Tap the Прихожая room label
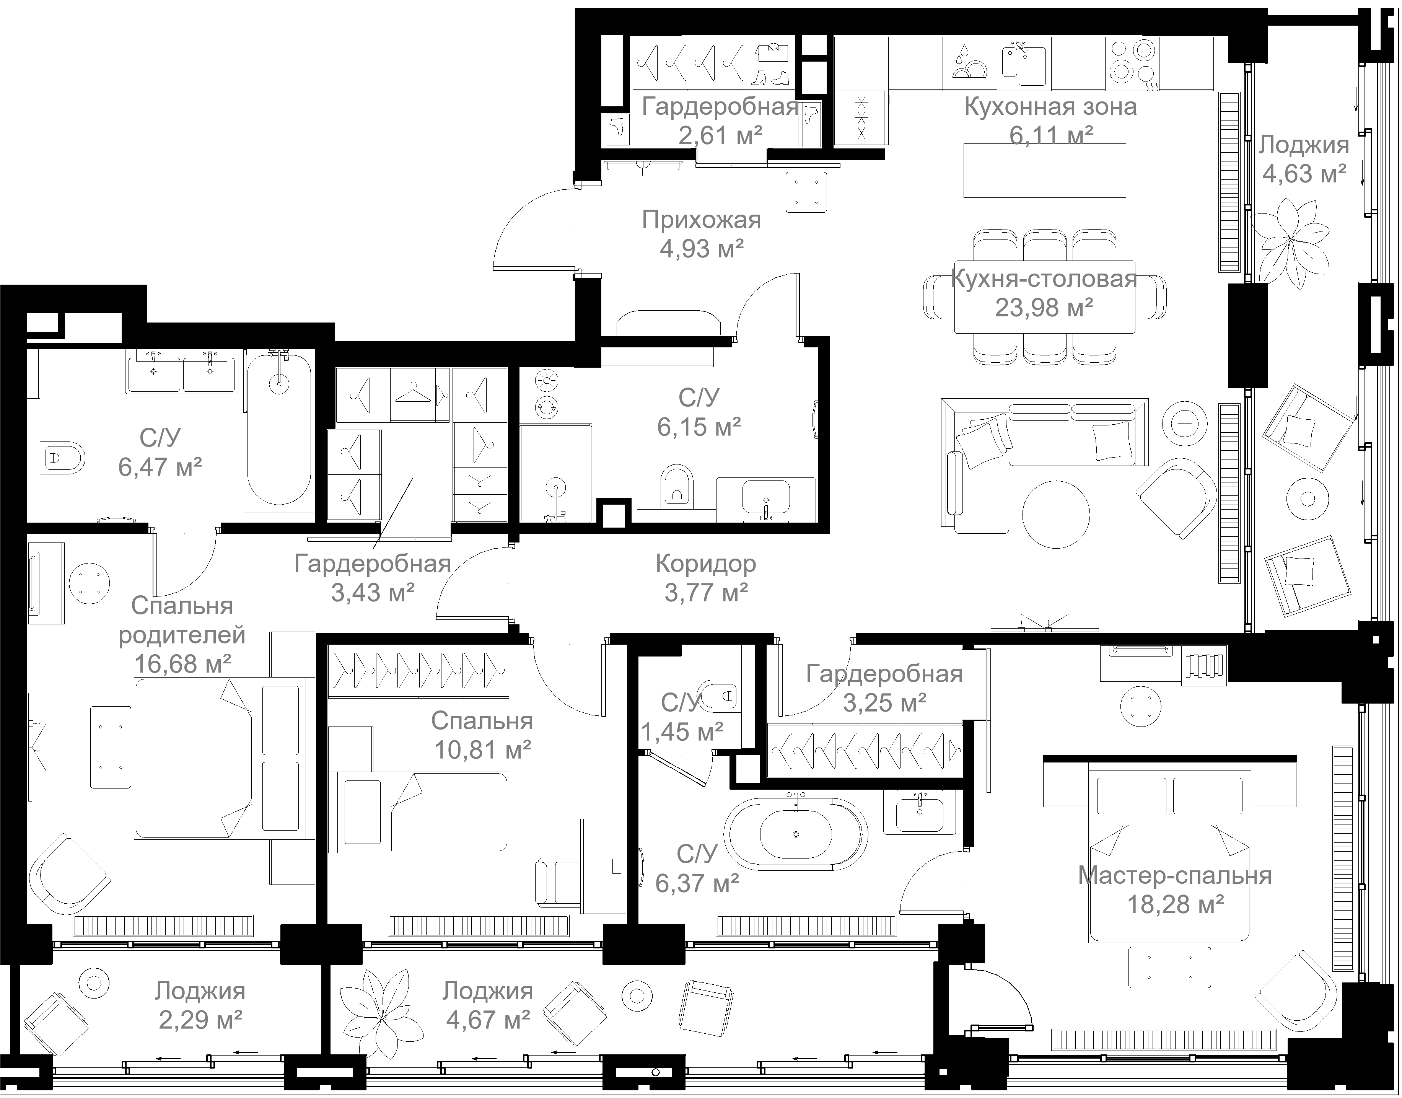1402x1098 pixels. click(701, 220)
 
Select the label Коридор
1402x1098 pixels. click(706, 564)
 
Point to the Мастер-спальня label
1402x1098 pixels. click(1174, 876)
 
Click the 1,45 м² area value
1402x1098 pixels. click(682, 731)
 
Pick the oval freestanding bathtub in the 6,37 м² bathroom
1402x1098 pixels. click(796, 834)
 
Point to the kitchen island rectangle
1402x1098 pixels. click(1045, 170)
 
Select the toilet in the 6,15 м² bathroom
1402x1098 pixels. click(677, 485)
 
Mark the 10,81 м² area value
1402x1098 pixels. click(483, 749)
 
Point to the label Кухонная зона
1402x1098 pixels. click(1050, 107)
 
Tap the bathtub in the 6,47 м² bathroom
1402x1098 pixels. click(279, 429)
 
